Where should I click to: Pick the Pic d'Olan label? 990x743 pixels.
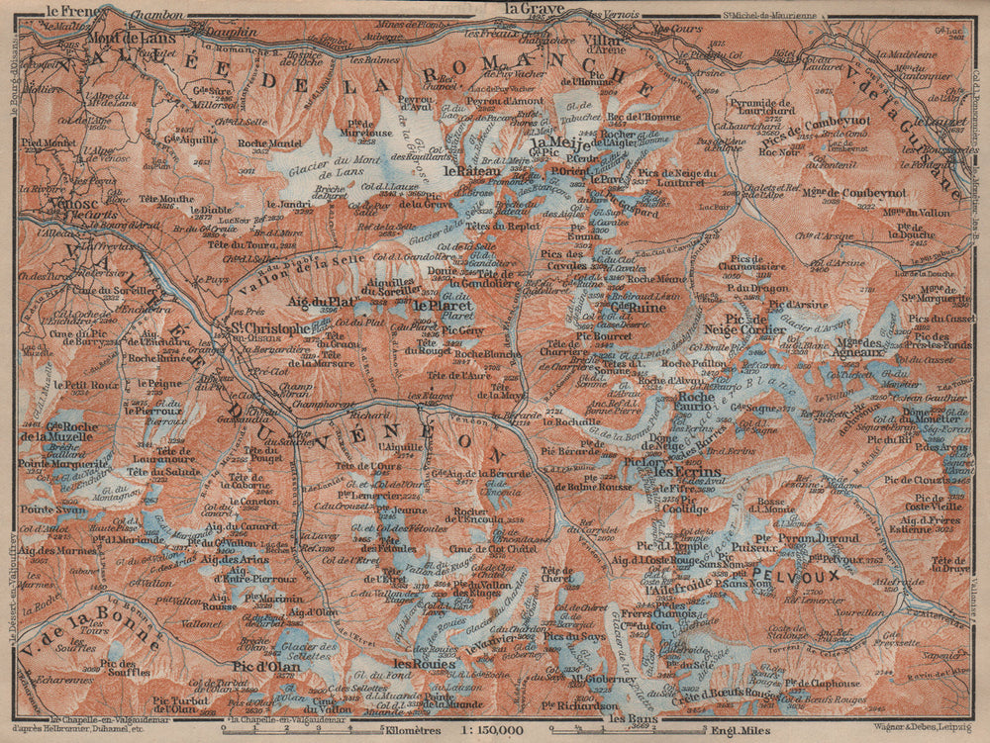point(266,666)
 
